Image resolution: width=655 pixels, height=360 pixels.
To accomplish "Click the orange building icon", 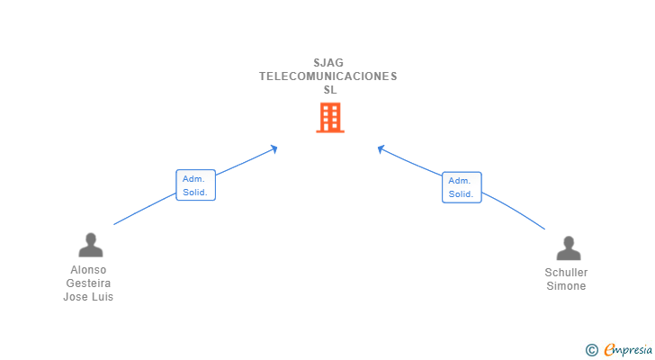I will click(x=329, y=117).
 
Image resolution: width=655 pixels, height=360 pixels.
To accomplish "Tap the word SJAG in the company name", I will click(x=328, y=63).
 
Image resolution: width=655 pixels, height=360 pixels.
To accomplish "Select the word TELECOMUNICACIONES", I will click(x=328, y=76).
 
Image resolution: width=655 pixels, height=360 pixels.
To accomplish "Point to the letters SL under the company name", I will click(x=329, y=90).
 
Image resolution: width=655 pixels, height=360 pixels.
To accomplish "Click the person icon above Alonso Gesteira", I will click(x=90, y=245).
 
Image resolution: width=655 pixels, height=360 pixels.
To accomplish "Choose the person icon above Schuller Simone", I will click(x=568, y=248).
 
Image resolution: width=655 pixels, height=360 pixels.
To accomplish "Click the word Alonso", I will click(x=88, y=270).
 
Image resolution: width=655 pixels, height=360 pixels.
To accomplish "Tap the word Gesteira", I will click(x=88, y=283).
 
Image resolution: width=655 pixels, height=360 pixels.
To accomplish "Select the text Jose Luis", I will click(x=88, y=297).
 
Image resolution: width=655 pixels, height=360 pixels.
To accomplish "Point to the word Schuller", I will click(x=566, y=273).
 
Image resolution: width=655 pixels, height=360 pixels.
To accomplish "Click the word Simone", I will click(x=566, y=286).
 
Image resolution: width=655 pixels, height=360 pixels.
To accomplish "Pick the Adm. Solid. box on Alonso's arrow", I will click(x=195, y=185).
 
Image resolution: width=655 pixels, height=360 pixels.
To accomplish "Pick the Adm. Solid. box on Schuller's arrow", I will click(x=462, y=187).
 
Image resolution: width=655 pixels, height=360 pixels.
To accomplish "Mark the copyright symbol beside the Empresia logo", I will click(x=591, y=349).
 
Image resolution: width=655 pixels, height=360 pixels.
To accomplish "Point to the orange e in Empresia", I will click(x=609, y=349).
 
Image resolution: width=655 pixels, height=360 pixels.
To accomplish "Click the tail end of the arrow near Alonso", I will click(x=114, y=224).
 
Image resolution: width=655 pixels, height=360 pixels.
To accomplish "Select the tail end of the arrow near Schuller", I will click(x=544, y=229).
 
